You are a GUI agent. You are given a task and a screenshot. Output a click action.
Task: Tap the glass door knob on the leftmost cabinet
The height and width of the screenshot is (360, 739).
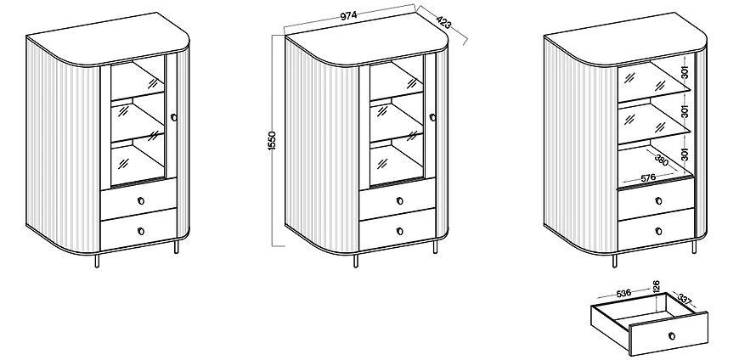[x=172, y=116]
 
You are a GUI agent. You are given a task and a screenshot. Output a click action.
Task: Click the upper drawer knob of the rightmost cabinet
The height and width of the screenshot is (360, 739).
[x=658, y=200]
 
